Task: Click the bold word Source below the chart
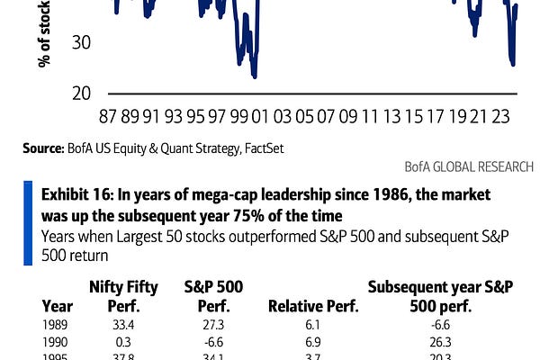coord(41,147)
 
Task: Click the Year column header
coord(58,306)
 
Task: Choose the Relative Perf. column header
coord(313,306)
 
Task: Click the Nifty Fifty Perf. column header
coord(124,297)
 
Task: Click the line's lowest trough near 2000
coord(256,76)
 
